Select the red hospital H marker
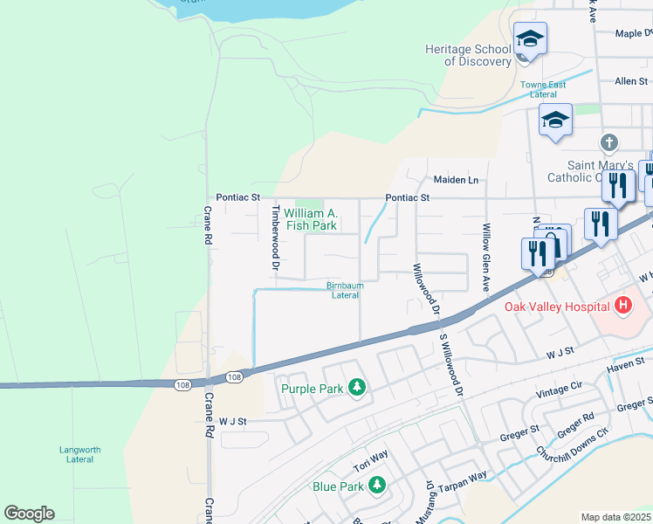coord(622,305)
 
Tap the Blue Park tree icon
coord(377,485)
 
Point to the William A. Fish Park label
coord(310,219)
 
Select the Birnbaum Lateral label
coord(344,290)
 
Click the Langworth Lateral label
coord(80,455)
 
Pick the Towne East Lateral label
coord(543,89)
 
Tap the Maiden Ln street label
coord(457,180)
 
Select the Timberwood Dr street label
coord(275,237)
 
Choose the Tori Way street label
coord(369,456)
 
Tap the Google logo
coord(29,514)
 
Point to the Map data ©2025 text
coord(615,517)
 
